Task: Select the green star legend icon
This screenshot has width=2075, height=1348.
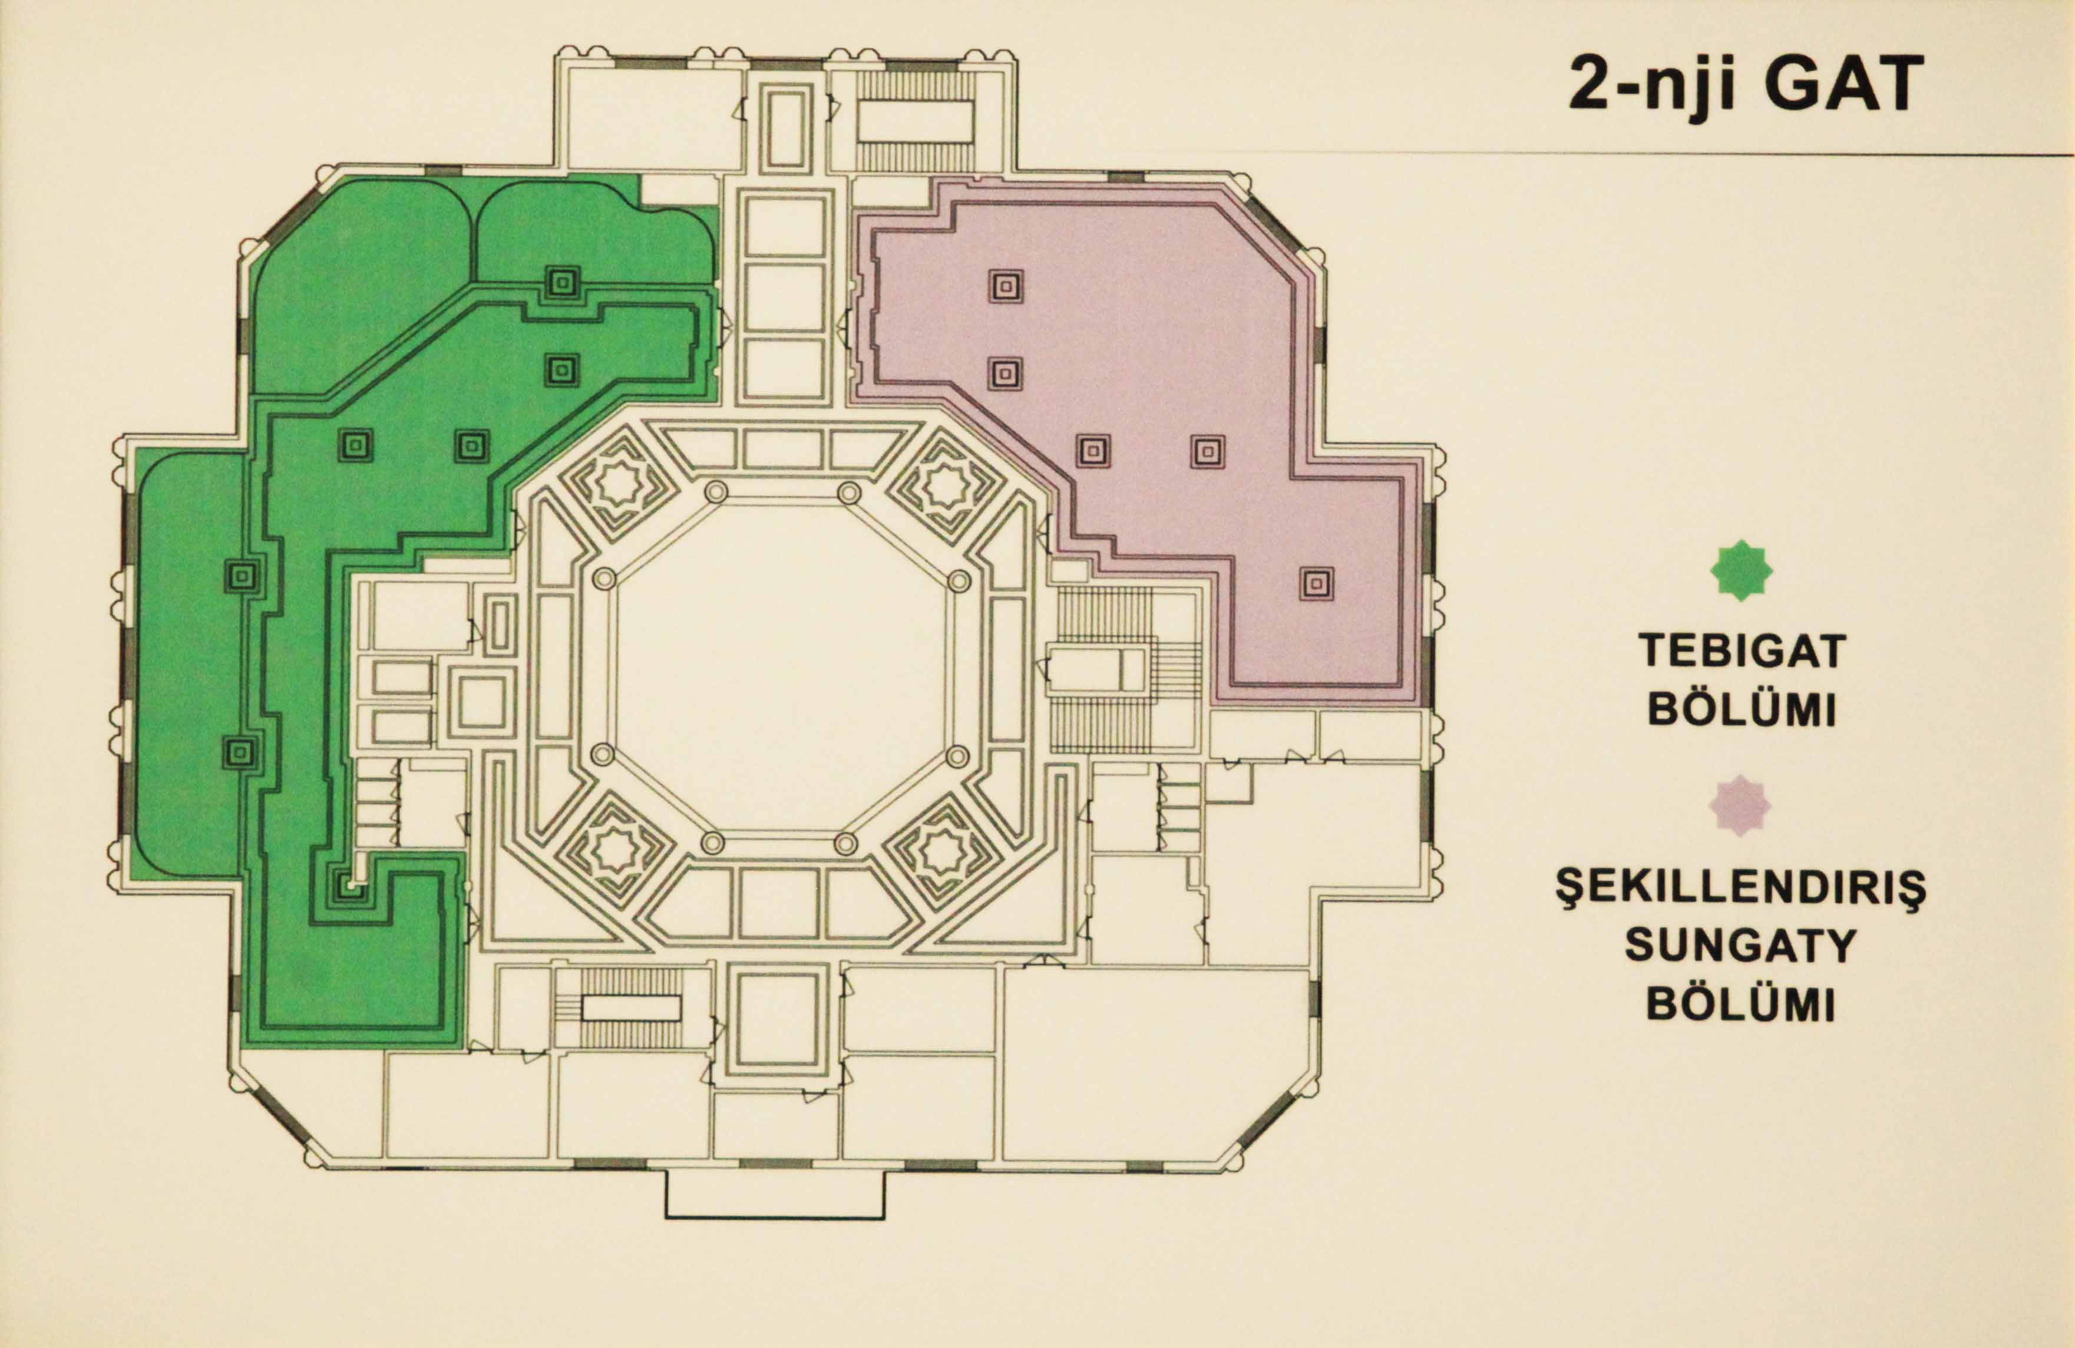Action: point(1741,570)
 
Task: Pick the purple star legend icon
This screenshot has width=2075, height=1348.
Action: point(1740,804)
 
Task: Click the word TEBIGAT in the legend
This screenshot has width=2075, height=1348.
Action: point(1741,650)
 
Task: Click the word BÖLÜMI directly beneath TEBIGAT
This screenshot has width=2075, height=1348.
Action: point(1741,709)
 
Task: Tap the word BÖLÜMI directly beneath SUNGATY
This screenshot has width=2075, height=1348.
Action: point(1741,1003)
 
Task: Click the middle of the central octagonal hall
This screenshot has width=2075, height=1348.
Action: point(780,667)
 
